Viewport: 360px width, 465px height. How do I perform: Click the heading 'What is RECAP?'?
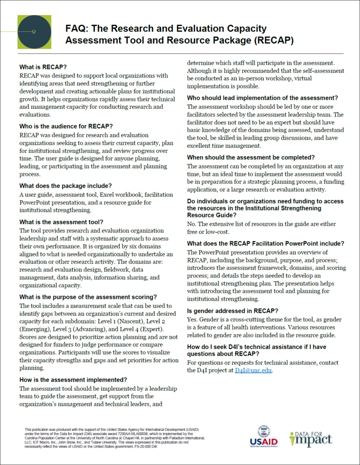(x=43, y=67)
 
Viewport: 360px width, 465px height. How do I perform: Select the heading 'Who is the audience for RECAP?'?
(x=66, y=126)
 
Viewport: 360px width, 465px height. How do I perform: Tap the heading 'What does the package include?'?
(x=65, y=185)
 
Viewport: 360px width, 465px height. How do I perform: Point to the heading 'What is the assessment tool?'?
(x=61, y=222)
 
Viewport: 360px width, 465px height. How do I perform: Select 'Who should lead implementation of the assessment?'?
(x=262, y=98)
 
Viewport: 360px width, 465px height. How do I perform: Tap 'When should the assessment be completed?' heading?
(x=250, y=157)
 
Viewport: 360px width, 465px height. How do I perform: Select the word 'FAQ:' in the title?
(x=76, y=29)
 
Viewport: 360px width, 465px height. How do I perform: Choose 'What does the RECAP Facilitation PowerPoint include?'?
(x=265, y=244)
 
